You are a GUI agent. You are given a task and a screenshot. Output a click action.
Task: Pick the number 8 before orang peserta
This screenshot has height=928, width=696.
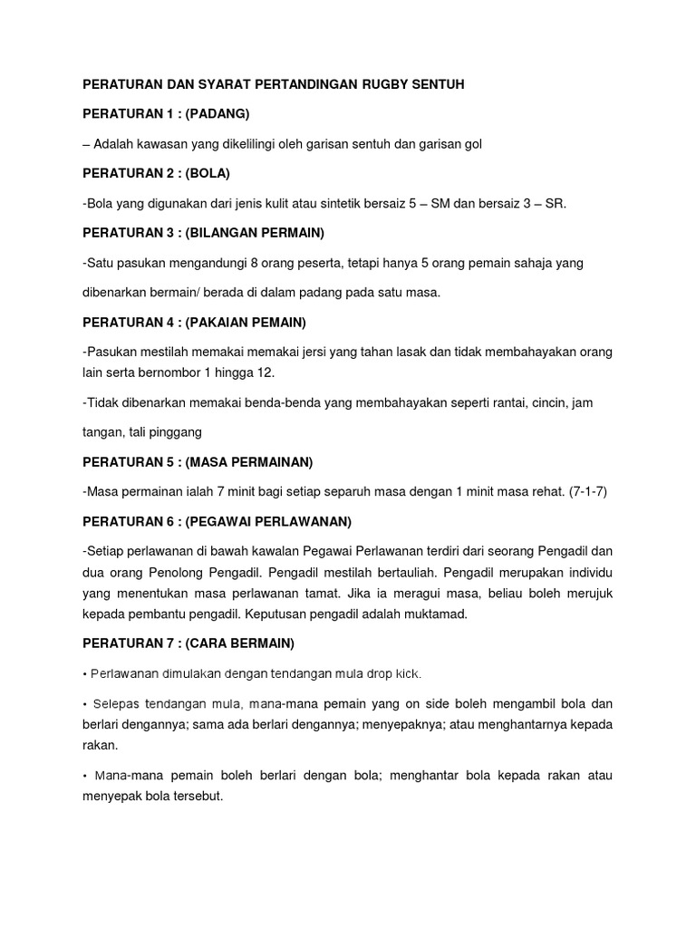237,263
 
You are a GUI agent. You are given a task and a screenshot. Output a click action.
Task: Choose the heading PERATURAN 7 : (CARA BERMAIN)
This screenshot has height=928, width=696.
188,643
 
